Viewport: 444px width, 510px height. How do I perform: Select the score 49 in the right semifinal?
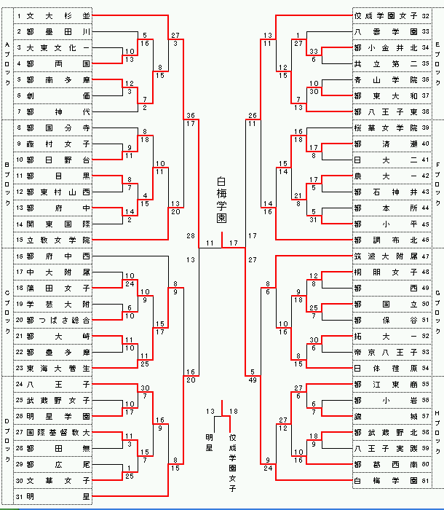[252, 380]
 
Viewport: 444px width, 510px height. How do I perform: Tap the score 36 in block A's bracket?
[190, 116]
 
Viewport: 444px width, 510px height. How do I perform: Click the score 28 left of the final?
[190, 236]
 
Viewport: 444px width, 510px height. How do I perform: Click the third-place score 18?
[233, 412]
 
